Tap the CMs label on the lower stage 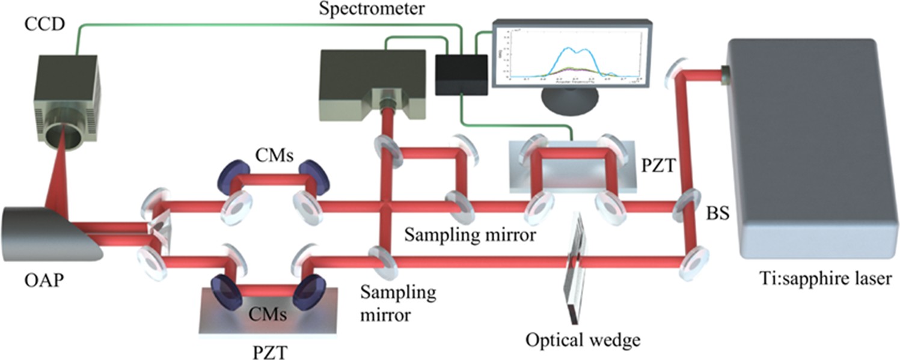click(267, 313)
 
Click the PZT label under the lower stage click(266, 349)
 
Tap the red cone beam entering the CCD click(64, 180)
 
